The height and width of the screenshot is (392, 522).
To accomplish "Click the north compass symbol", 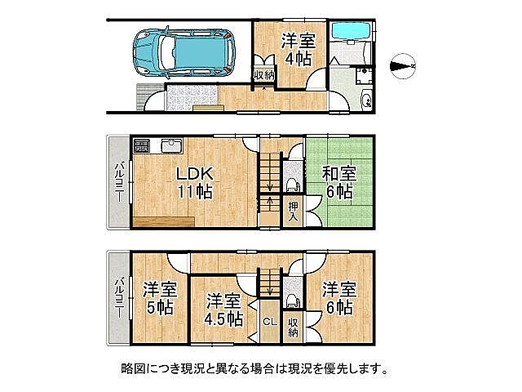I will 403,64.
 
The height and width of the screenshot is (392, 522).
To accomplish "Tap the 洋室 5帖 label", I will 160,298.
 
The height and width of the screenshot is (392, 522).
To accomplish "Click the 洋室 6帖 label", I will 337,298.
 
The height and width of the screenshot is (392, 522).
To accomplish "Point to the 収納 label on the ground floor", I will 264,75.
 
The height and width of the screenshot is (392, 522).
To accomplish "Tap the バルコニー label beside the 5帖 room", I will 118,298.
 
